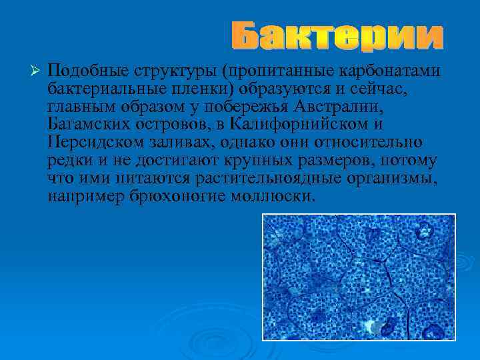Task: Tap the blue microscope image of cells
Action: point(359,276)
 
